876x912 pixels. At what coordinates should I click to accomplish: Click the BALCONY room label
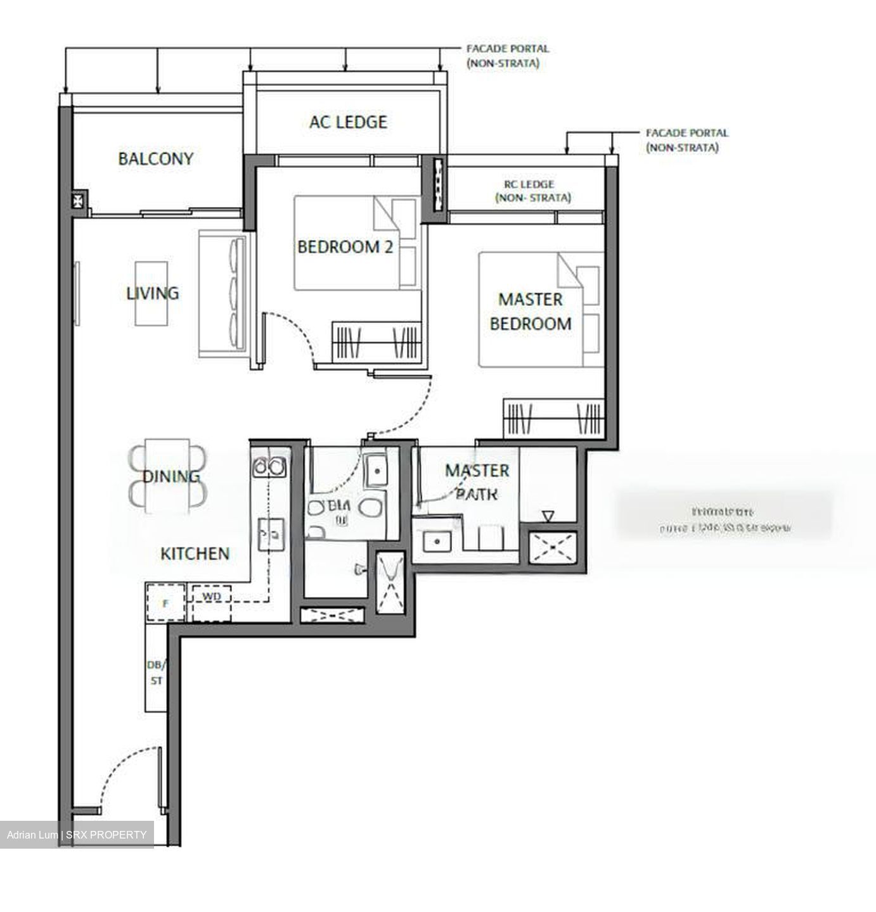155,158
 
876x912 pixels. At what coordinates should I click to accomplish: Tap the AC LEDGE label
348,122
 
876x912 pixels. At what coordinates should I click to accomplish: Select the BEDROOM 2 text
345,246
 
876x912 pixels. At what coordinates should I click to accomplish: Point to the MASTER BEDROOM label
531,311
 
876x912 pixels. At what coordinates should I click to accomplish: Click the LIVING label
152,293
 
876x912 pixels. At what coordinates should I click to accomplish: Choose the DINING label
171,476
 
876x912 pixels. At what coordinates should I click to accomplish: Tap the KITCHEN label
195,554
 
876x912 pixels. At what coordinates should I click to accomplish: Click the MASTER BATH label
477,481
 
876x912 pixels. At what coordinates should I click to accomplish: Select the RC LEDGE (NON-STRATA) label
532,191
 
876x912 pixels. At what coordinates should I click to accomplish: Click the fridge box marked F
165,603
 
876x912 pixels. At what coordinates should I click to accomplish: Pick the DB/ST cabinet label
155,673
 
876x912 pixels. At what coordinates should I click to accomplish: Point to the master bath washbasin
437,541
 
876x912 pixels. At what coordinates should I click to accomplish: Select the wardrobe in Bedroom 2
377,342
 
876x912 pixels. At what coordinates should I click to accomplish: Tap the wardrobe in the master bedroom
553,418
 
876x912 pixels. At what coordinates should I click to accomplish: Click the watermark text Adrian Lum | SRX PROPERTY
77,835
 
